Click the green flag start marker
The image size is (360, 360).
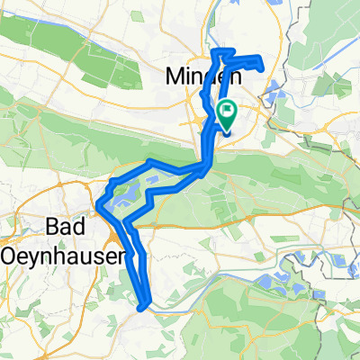pyautogui.click(x=227, y=113)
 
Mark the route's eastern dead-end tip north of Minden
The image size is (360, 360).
pyautogui.click(x=262, y=64)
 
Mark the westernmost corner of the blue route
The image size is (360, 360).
pyautogui.click(x=95, y=209)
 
